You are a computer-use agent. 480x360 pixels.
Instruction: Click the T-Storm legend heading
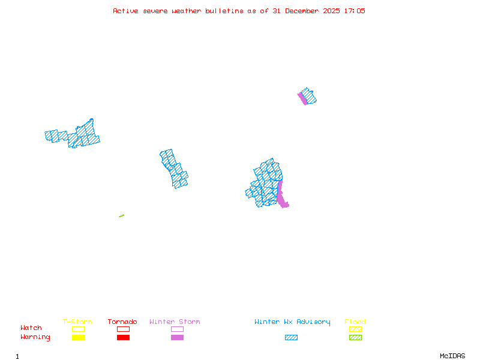[77, 322]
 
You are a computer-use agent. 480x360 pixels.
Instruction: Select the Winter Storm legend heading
[175, 322]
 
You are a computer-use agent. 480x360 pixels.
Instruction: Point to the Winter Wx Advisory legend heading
[292, 322]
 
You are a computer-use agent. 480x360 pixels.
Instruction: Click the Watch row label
[31, 328]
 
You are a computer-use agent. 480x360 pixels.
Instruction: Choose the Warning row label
[35, 337]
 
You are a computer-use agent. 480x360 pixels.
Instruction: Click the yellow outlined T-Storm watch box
[78, 329]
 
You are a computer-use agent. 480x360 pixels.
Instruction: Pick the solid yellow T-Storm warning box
[78, 338]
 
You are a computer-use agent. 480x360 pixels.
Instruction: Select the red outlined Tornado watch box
[123, 329]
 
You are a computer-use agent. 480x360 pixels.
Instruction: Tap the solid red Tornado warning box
[123, 338]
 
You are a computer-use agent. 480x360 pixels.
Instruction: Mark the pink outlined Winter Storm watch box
[177, 329]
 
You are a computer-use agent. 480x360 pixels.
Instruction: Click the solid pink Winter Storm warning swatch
[177, 338]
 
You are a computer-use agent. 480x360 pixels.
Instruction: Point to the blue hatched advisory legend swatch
[291, 338]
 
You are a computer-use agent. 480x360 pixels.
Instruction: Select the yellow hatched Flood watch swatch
[355, 329]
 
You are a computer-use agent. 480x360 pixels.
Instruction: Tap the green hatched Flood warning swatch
[355, 338]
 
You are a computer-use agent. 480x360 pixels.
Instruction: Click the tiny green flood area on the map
[121, 216]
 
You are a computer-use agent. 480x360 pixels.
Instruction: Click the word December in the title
[304, 11]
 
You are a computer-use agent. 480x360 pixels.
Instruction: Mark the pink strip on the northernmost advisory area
[302, 98]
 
